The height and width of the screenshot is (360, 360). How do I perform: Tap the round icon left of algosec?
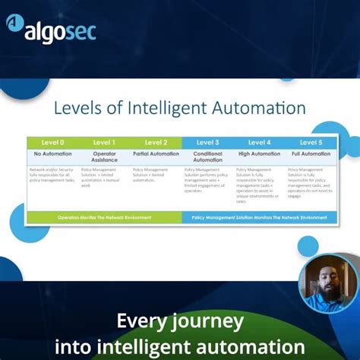(15, 24)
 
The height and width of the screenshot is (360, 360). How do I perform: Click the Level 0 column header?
(52, 142)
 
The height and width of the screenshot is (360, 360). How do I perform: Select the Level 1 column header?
(104, 142)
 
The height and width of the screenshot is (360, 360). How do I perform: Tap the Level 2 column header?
(156, 142)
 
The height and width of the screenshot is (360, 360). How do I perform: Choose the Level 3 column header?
(207, 142)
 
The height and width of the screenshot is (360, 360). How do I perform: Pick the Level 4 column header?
(259, 142)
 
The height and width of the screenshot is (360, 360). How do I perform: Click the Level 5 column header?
(311, 142)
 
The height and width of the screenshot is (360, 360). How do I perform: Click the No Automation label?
(52, 153)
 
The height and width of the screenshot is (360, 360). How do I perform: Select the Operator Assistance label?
(104, 156)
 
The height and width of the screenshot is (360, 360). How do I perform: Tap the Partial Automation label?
(156, 153)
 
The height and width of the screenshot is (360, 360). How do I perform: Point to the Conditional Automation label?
(207, 156)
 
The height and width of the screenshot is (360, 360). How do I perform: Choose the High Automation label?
(259, 153)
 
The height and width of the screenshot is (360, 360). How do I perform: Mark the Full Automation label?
(311, 153)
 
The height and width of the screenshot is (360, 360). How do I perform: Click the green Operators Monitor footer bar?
(104, 217)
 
